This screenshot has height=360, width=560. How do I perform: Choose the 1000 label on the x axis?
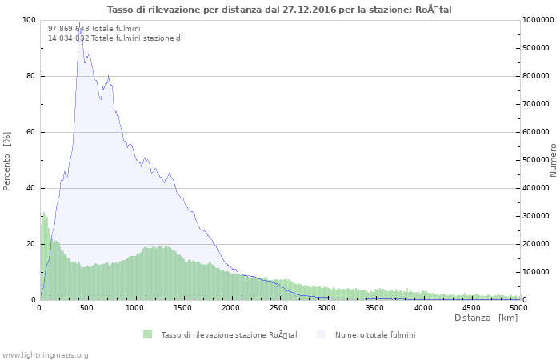[x=135, y=307]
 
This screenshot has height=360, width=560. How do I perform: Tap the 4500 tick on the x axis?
[x=471, y=307]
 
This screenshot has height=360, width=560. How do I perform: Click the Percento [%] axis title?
[x=7, y=161]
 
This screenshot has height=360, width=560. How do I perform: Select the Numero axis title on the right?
[x=553, y=161]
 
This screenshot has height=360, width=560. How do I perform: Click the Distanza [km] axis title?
[x=486, y=318]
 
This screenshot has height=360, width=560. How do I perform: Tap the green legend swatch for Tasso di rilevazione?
[x=148, y=334]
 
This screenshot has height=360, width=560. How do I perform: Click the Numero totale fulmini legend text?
[x=375, y=334]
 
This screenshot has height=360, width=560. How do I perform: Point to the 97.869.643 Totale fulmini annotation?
[x=94, y=29]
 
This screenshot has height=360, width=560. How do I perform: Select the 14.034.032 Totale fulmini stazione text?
[x=115, y=38]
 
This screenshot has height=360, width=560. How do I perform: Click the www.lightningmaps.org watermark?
[x=45, y=354]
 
